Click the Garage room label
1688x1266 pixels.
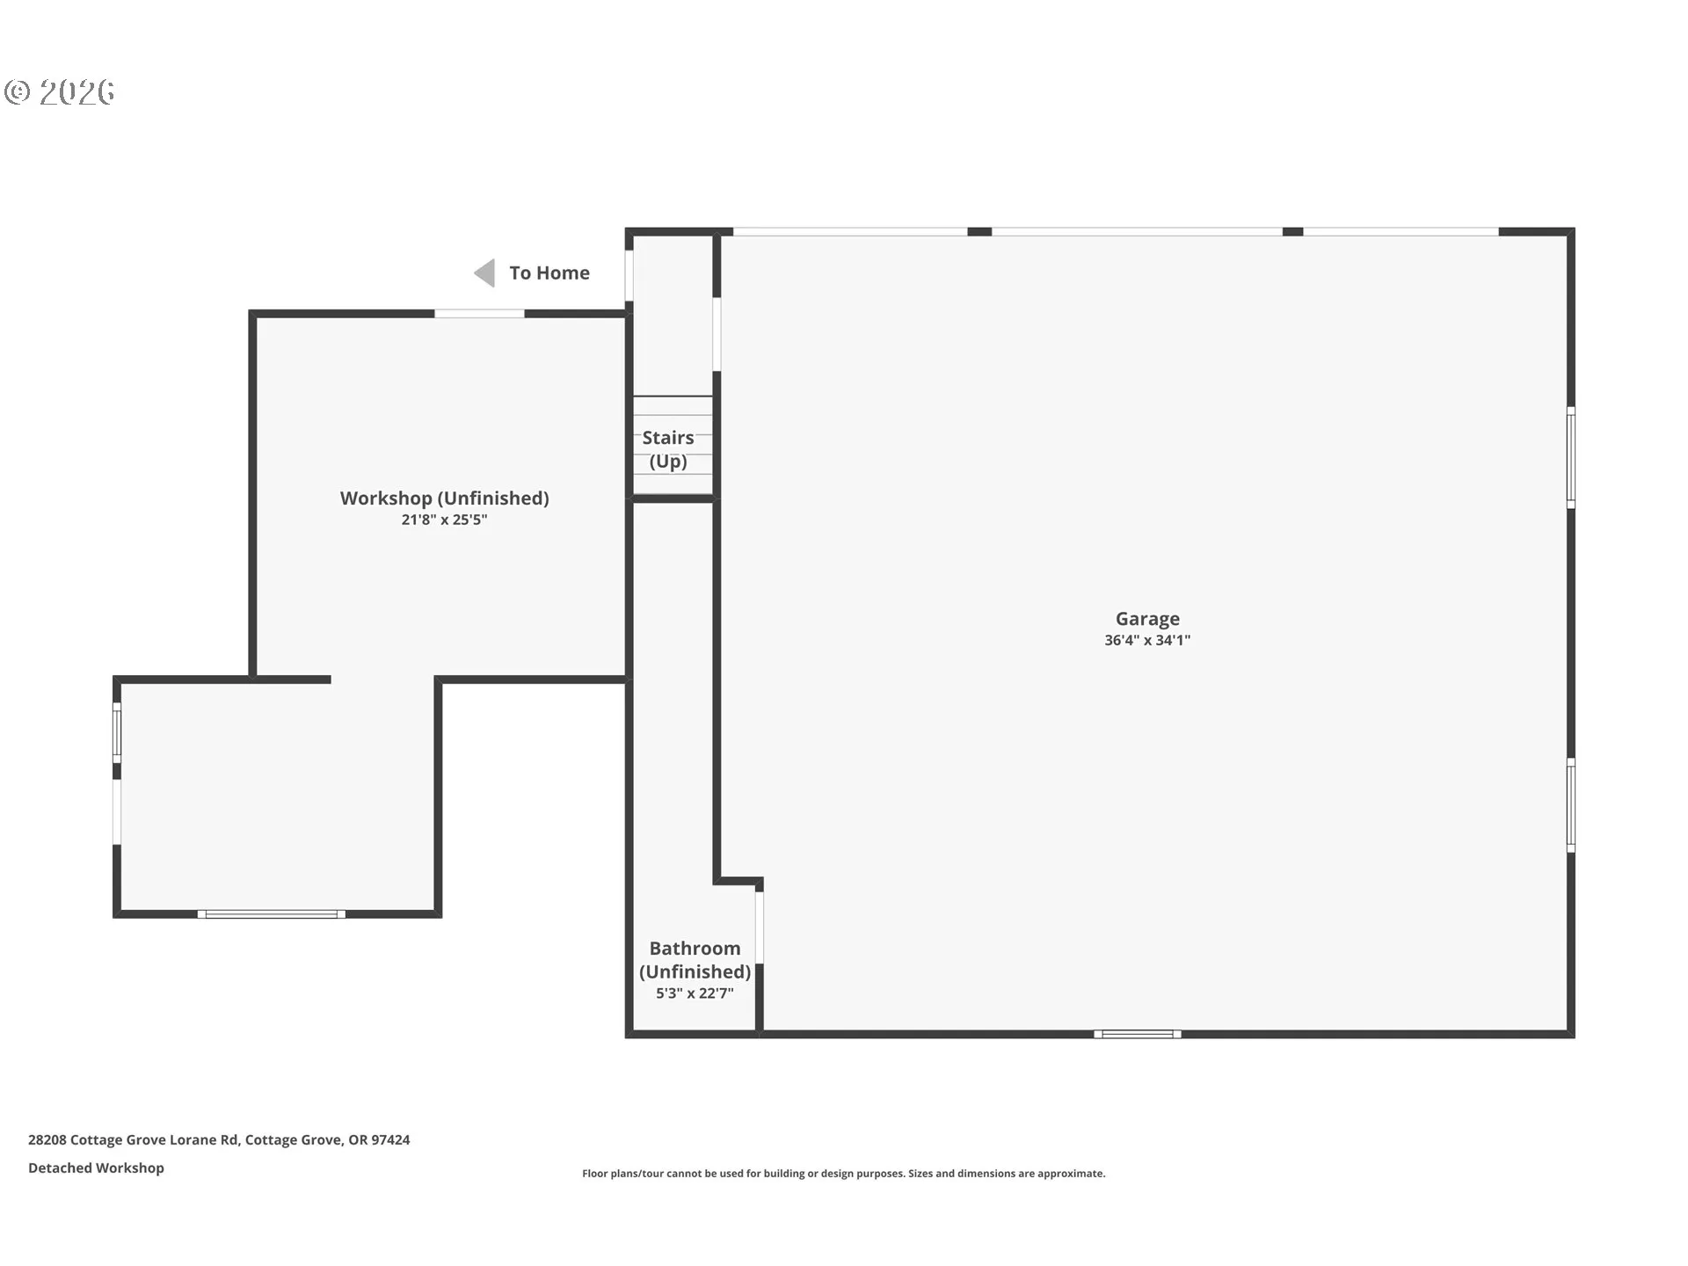(x=1147, y=619)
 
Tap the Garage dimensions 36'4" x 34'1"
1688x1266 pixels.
(x=1147, y=641)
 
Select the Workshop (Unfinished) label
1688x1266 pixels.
(x=445, y=498)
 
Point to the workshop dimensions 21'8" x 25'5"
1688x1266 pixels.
(x=444, y=520)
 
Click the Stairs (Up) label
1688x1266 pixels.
(x=668, y=449)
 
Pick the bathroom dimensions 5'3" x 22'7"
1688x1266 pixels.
(x=695, y=993)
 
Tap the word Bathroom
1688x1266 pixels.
(x=695, y=949)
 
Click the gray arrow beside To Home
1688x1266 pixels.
(x=484, y=273)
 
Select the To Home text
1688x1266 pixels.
(x=549, y=273)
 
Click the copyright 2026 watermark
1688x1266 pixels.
(x=59, y=92)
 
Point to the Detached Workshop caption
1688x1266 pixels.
(x=96, y=1168)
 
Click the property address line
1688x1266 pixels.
(x=219, y=1139)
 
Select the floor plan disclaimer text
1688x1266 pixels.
(x=844, y=1174)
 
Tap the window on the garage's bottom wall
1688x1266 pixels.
(x=1138, y=1034)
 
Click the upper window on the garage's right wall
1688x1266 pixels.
(x=1571, y=457)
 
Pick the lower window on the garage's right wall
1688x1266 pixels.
(x=1571, y=805)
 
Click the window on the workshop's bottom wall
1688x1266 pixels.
(x=272, y=914)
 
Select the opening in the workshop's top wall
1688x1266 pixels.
(x=479, y=314)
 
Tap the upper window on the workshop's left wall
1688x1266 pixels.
(x=117, y=732)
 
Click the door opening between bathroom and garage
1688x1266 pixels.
(x=760, y=928)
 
